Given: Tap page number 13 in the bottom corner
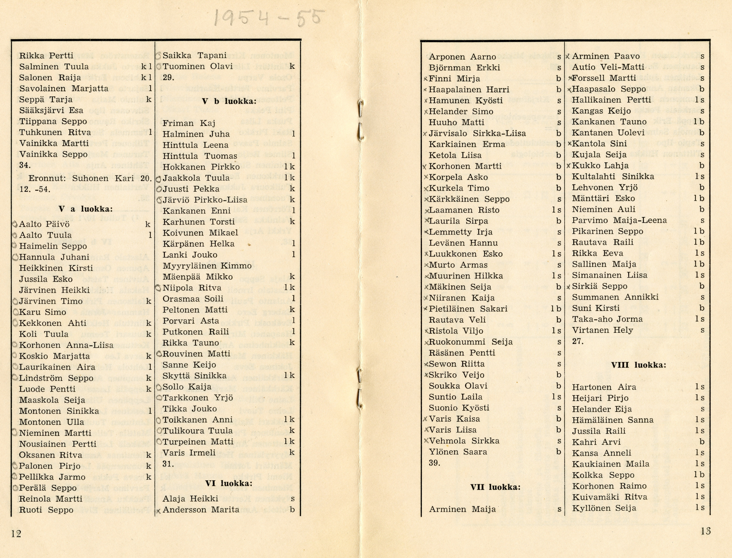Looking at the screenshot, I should pos(705,531).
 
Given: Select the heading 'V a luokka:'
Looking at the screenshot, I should pos(85,209).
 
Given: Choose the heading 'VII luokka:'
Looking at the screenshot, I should pos(495,487).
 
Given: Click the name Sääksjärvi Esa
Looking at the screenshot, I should pos(51,110).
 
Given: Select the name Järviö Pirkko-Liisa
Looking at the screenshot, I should pos(205,200).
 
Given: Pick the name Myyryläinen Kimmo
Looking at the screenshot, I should pos(207,266).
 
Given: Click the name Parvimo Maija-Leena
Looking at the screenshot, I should pos(619,220).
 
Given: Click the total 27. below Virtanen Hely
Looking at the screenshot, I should pos(578,341).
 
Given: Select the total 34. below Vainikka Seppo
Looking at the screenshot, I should pos(25,165).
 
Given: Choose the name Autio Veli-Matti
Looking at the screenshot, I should pos(608,67).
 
